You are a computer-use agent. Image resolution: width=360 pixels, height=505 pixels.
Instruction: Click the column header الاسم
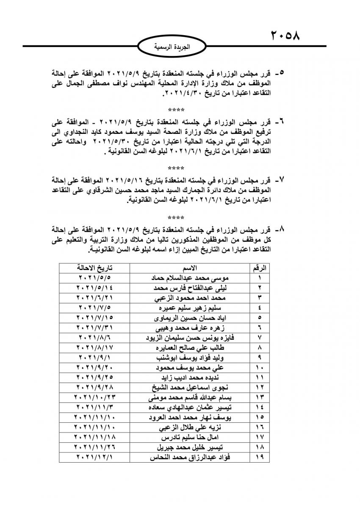tap(189, 268)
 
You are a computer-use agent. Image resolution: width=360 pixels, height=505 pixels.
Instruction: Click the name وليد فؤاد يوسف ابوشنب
tap(189, 357)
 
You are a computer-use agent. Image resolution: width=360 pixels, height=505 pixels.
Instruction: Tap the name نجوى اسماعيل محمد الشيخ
tap(189, 387)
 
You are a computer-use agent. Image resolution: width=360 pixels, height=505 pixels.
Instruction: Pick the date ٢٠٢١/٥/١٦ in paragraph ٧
tap(139, 178)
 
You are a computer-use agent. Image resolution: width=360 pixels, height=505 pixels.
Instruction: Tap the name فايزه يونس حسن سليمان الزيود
tap(189, 337)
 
